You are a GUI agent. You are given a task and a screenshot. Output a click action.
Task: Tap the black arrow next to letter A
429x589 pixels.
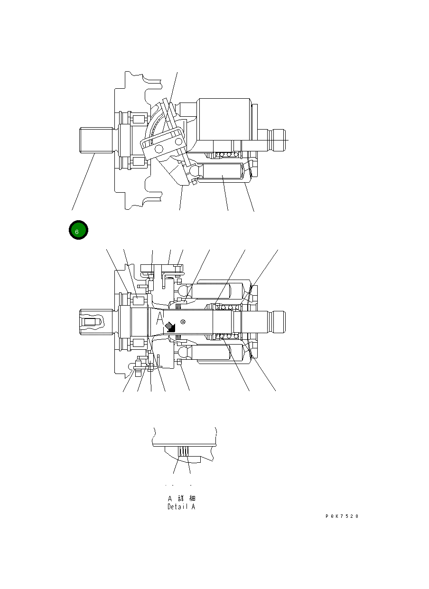pos(169,326)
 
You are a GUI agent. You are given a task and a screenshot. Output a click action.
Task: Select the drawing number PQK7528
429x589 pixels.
pos(342,516)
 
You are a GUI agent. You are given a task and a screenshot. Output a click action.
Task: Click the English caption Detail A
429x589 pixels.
pos(181,507)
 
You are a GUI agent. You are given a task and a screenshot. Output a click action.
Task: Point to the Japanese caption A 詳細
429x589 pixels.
pos(181,498)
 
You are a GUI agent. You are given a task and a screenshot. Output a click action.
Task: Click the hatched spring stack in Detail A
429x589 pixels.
pos(184,452)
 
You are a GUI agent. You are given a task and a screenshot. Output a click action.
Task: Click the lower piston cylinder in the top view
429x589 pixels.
pos(222,174)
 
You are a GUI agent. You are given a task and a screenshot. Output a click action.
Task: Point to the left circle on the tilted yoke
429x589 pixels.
pos(158,150)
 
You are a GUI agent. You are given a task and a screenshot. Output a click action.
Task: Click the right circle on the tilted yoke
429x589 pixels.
pos(178,141)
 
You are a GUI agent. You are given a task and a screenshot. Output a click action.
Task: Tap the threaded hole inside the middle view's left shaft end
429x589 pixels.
pos(91,322)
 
